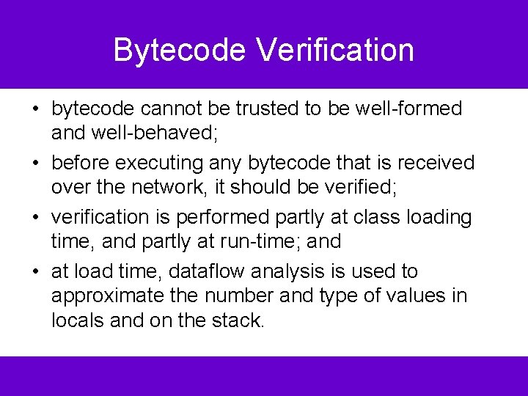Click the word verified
point(361,187)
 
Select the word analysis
point(287,271)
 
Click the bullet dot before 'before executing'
point(35,163)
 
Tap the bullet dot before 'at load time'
point(35,272)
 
